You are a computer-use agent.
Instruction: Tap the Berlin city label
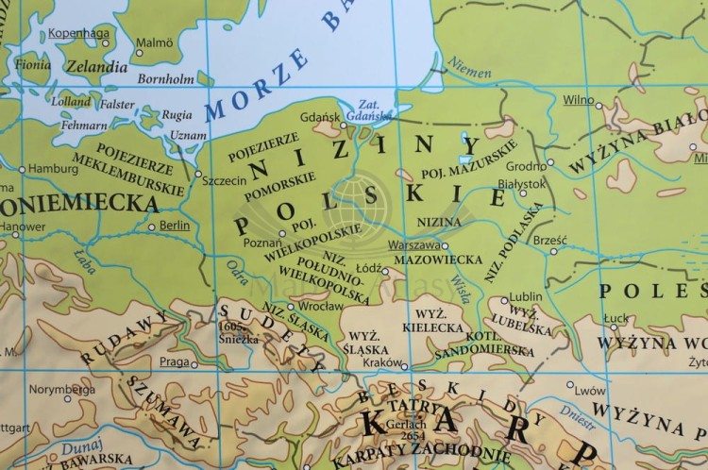click(x=175, y=227)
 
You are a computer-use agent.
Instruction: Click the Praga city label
click(x=175, y=361)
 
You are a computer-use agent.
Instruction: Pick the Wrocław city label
click(x=317, y=306)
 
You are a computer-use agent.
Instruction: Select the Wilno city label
click(x=578, y=99)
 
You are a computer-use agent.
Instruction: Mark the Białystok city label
click(x=520, y=185)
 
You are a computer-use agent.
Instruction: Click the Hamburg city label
click(x=53, y=170)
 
